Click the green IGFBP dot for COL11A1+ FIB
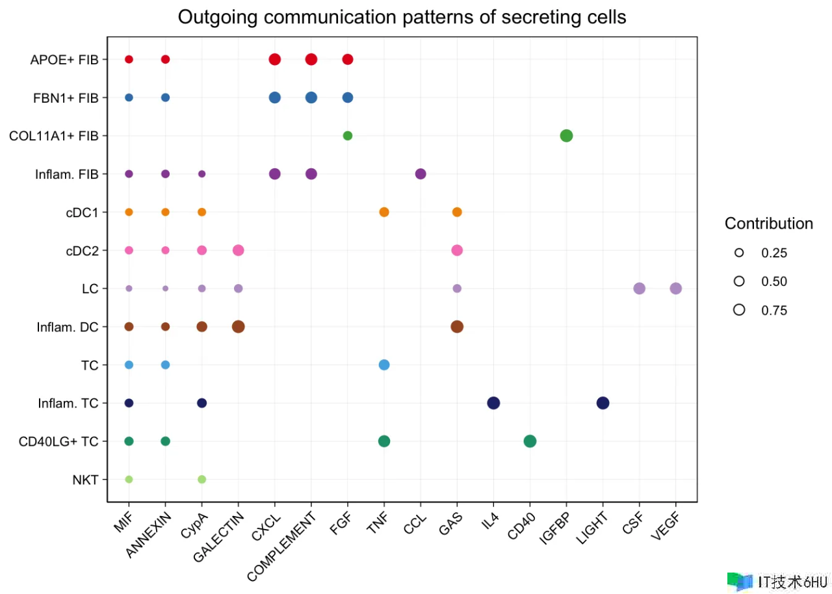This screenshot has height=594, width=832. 566,136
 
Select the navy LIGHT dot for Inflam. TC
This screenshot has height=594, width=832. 603,403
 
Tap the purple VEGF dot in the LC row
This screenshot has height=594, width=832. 675,289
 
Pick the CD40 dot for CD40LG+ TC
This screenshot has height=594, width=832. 530,441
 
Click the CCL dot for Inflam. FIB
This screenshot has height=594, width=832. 421,174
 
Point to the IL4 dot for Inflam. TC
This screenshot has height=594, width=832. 493,403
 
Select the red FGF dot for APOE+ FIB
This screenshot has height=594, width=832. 348,60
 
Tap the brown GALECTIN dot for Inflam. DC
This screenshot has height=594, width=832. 238,326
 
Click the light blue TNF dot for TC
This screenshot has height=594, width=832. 384,365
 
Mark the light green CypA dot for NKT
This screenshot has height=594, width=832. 201,480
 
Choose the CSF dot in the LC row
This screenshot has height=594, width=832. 639,289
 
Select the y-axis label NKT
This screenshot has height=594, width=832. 85,480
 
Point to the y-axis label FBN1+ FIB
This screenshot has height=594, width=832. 66,98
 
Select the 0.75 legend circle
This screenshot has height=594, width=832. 739,310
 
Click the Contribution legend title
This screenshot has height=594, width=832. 769,224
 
